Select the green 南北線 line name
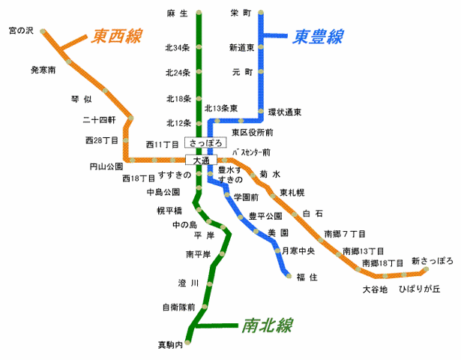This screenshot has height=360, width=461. click(x=267, y=325)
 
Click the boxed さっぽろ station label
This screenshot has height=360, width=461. click(x=205, y=142)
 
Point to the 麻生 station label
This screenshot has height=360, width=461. click(x=177, y=13)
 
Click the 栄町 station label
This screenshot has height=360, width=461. click(x=241, y=13)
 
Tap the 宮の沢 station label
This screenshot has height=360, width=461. click(x=22, y=31)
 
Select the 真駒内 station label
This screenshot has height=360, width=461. click(x=169, y=346)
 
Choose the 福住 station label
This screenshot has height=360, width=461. click(x=307, y=277)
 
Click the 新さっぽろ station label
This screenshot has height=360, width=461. click(x=433, y=261)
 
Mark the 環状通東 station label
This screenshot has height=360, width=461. click(x=285, y=112)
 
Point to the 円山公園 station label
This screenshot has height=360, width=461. click(x=106, y=166)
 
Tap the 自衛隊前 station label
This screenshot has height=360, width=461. click(x=178, y=307)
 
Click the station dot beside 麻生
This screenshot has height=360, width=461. click(x=199, y=13)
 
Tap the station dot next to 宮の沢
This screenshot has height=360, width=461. click(x=43, y=32)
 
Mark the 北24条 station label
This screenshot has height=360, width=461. click(x=178, y=73)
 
